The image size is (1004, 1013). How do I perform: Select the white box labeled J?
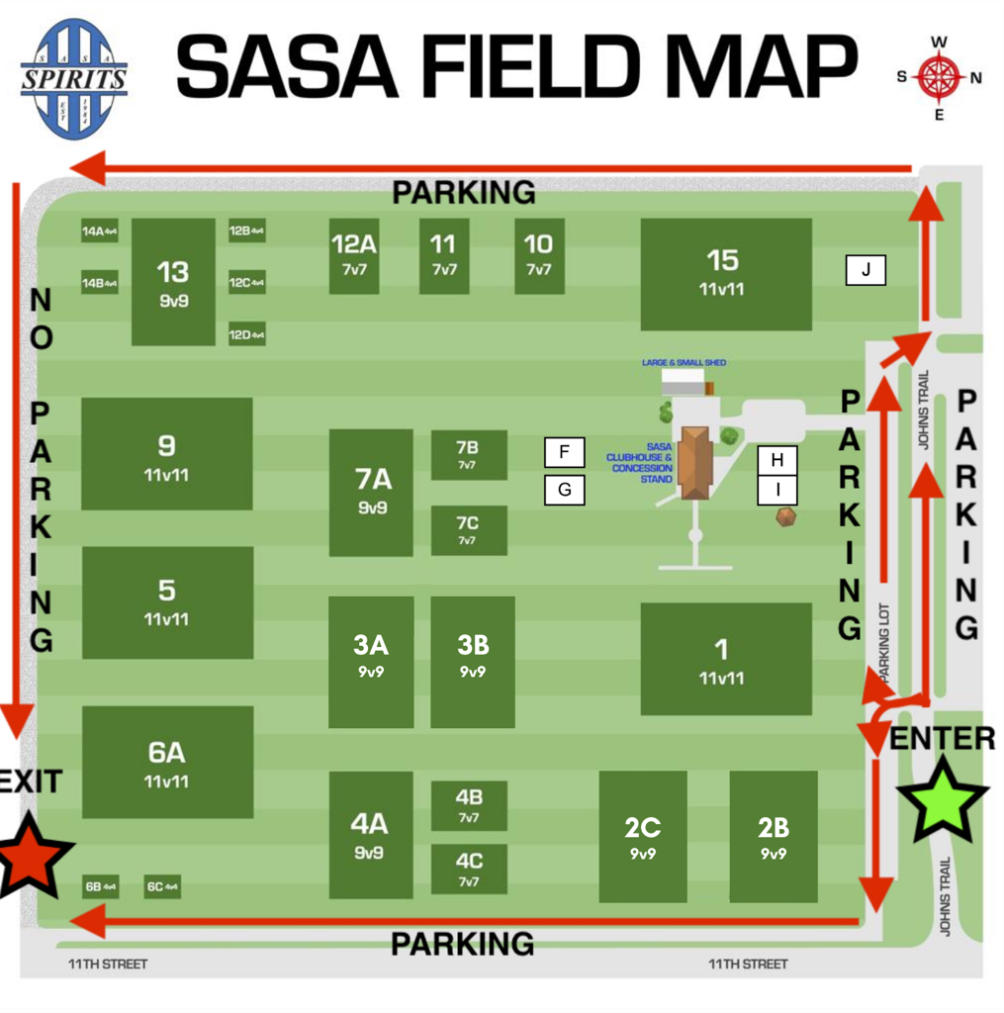click(866, 270)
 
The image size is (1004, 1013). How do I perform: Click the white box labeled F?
click(565, 452)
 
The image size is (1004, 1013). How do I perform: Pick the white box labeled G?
click(565, 490)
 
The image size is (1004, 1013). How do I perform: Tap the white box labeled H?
click(777, 460)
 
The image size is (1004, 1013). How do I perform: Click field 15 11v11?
click(725, 274)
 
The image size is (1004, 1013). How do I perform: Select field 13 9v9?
click(173, 282)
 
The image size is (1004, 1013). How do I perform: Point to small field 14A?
click(100, 231)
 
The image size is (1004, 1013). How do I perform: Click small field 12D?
click(247, 335)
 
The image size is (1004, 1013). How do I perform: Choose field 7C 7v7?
click(469, 530)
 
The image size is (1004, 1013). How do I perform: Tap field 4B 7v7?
click(469, 805)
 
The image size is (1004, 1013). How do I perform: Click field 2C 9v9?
click(643, 837)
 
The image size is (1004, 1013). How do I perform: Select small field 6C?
click(162, 886)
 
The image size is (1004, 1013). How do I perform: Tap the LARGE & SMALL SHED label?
click(684, 363)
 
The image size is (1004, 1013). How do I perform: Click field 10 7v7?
click(539, 256)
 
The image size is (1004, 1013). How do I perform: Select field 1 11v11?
click(725, 658)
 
